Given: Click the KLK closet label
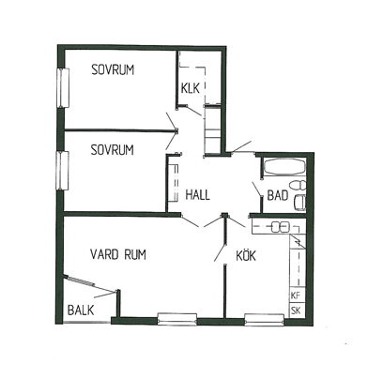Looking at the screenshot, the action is click(x=190, y=88).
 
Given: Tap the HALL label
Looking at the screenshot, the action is click(x=197, y=194).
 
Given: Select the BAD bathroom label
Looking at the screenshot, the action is click(x=278, y=195).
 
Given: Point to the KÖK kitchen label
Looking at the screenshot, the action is click(x=246, y=255).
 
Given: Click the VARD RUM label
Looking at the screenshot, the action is click(x=118, y=254).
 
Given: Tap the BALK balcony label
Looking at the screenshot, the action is click(x=81, y=311).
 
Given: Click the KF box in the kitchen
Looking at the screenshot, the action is click(x=296, y=296).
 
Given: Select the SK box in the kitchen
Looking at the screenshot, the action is click(x=296, y=311).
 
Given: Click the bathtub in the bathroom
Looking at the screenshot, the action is click(x=284, y=166).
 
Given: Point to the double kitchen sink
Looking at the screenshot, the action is click(x=280, y=227).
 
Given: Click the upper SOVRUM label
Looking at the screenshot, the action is click(x=113, y=69).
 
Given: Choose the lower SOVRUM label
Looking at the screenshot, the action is click(x=112, y=150).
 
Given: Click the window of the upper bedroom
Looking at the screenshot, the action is click(x=63, y=87).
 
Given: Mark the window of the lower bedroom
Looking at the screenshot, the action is click(x=63, y=171).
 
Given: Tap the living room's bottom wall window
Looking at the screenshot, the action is click(x=177, y=319).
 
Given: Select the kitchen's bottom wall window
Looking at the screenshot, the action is click(x=264, y=320).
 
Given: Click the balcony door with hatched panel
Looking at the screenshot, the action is click(x=80, y=280).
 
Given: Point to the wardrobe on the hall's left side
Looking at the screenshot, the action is click(x=173, y=183).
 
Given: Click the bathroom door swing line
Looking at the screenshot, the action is click(x=257, y=189).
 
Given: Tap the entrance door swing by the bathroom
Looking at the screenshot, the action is click(x=241, y=146).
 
